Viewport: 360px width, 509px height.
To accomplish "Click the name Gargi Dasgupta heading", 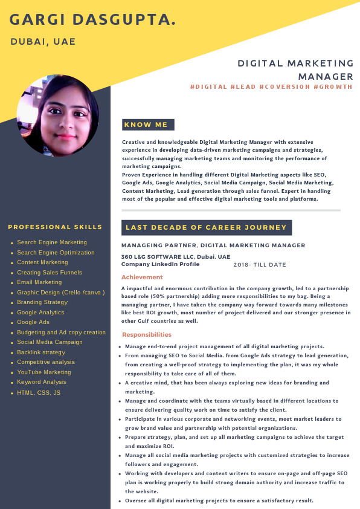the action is (x=93, y=20).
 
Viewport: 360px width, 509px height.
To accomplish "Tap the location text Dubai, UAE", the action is (x=43, y=42).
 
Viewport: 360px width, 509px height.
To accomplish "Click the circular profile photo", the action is (x=58, y=116).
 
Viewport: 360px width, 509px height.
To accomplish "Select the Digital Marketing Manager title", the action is (x=295, y=70).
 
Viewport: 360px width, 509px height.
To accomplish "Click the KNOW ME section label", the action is (x=146, y=125).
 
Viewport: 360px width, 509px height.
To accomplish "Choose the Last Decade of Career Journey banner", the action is (x=206, y=227).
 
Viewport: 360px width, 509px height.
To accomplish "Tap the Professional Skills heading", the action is (x=55, y=227).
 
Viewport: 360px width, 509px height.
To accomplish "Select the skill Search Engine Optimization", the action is (x=56, y=253).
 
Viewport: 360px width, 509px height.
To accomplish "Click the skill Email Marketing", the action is (x=39, y=282).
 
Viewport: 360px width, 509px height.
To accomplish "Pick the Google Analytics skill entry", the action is (x=40, y=313).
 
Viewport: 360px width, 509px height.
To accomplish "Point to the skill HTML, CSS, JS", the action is (x=39, y=393).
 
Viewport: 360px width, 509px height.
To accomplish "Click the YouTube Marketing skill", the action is (x=44, y=372).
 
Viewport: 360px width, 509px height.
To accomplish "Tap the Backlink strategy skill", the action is (x=41, y=352).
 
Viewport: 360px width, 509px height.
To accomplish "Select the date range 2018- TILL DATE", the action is (x=260, y=265).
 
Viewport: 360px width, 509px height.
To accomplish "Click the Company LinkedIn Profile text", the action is (x=160, y=264).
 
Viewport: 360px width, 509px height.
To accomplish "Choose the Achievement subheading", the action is (x=142, y=277).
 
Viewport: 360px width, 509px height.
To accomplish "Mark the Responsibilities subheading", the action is (x=147, y=334).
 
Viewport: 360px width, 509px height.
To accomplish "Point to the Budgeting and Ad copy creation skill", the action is (x=61, y=332).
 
